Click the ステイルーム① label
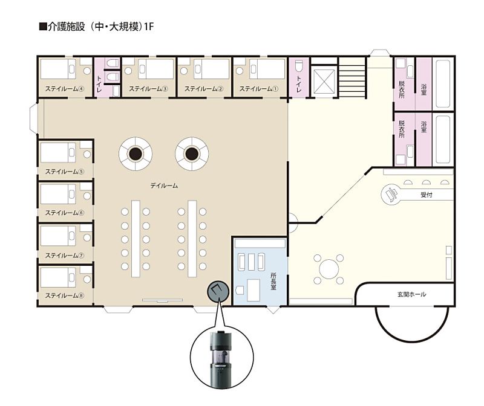click(259, 89)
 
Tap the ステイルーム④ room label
click(65, 89)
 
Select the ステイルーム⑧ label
click(65, 295)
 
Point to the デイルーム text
click(164, 185)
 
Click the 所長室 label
click(273, 281)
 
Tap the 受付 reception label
click(427, 195)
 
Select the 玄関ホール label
click(411, 294)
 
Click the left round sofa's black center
click(135, 153)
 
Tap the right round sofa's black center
click(192, 153)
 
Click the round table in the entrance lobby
click(329, 269)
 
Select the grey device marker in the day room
click(218, 291)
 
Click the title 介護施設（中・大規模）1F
click(97, 27)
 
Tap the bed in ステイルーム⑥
click(58, 195)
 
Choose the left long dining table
click(136, 239)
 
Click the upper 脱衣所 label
click(401, 89)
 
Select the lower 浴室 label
click(423, 127)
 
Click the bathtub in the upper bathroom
click(443, 84)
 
